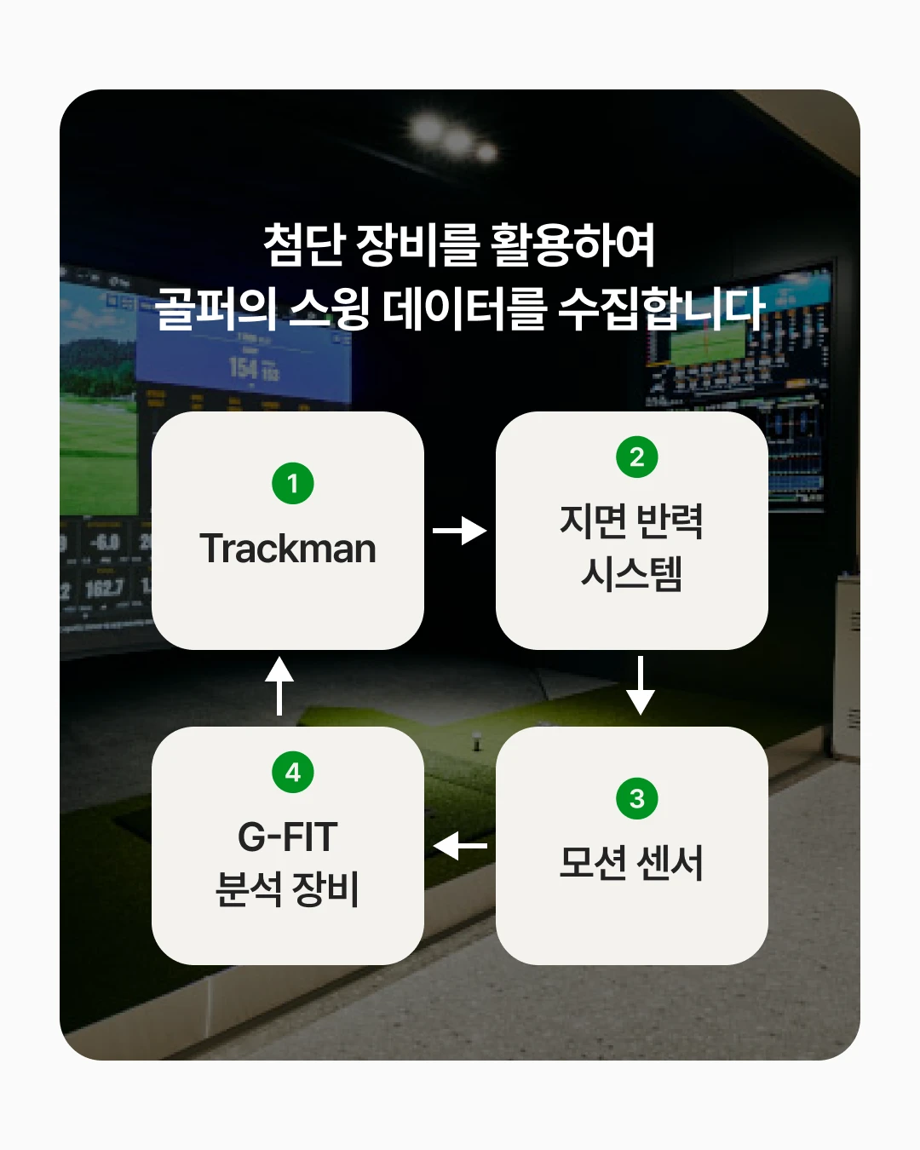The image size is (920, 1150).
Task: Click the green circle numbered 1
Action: [x=292, y=483]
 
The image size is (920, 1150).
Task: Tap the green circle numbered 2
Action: [x=636, y=457]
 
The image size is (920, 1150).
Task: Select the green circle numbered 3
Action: [x=636, y=798]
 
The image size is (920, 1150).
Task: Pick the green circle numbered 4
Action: [x=292, y=772]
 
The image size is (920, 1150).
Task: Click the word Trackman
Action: [x=288, y=549]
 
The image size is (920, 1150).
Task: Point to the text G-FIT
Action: [x=288, y=837]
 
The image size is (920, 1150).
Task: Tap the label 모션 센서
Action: [x=631, y=862]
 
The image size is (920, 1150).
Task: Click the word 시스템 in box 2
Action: [x=631, y=574]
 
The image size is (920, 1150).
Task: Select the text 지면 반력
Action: [x=631, y=521]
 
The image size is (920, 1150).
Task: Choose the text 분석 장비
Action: [x=287, y=889]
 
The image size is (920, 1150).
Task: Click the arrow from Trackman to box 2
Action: [x=460, y=531]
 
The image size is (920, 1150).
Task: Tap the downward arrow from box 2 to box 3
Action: [x=640, y=686]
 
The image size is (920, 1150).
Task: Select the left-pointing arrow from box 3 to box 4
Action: [x=460, y=846]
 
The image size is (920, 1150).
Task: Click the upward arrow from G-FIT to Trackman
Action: [x=279, y=686]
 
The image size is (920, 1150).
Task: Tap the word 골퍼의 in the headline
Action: [x=215, y=308]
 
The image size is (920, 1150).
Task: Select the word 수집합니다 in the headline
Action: [x=662, y=308]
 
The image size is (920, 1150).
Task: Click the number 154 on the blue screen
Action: [x=244, y=368]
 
